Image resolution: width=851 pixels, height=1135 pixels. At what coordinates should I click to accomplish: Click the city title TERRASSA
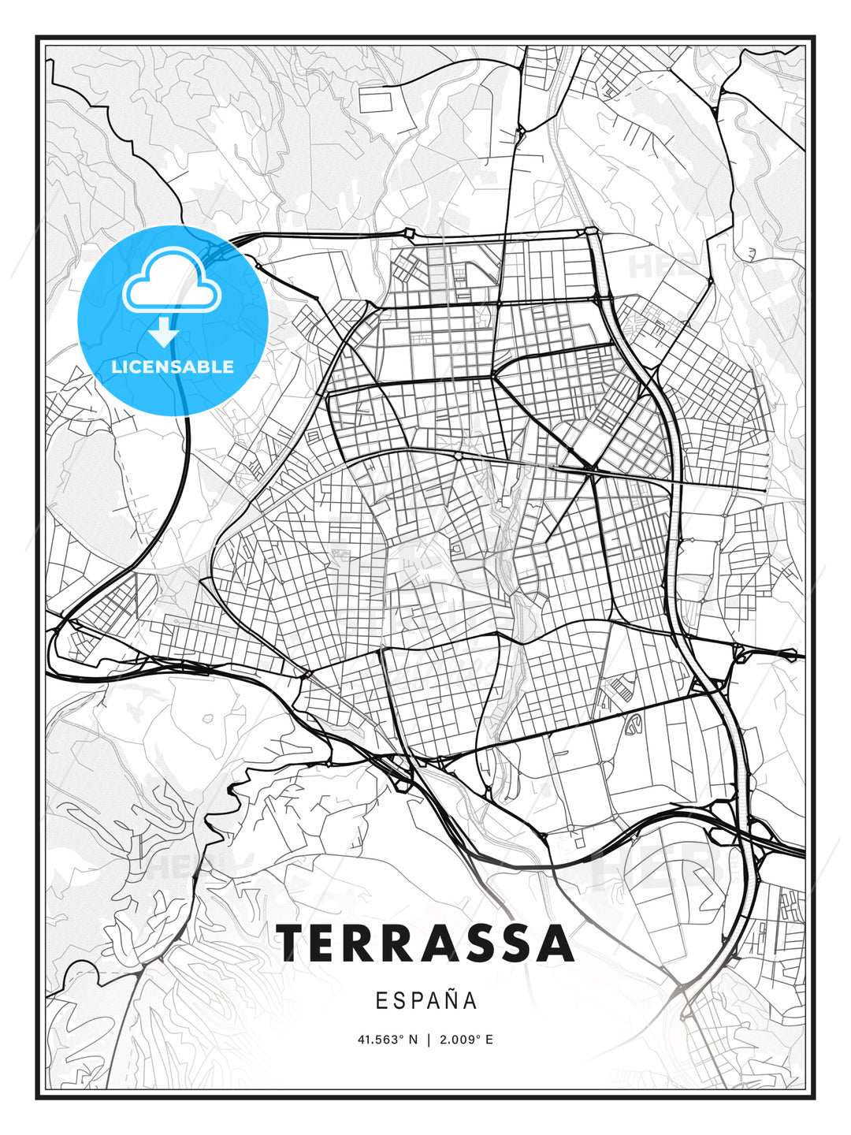pyautogui.click(x=425, y=943)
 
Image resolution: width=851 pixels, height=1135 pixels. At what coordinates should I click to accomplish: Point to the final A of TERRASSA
pyautogui.click(x=556, y=943)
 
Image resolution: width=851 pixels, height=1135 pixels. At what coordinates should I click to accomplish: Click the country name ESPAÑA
pyautogui.click(x=425, y=1001)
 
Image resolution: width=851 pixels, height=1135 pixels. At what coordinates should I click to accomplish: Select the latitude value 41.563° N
pyautogui.click(x=387, y=1040)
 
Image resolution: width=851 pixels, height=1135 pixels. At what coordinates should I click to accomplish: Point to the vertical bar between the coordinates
pyautogui.click(x=428, y=1040)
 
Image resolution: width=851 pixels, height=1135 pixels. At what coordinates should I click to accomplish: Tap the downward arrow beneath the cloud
pyautogui.click(x=165, y=333)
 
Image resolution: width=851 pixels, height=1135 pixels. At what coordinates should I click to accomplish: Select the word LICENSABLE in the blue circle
pyautogui.click(x=173, y=367)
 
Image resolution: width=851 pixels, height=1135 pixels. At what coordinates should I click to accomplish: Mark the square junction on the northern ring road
pyautogui.click(x=409, y=233)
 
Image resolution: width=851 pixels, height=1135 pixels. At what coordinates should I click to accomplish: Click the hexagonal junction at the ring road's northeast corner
pyautogui.click(x=591, y=232)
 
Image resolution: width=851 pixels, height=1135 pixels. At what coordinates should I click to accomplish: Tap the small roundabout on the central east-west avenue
pyautogui.click(x=458, y=456)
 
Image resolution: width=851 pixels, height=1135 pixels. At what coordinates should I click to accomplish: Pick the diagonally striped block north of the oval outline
pyautogui.click(x=618, y=691)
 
